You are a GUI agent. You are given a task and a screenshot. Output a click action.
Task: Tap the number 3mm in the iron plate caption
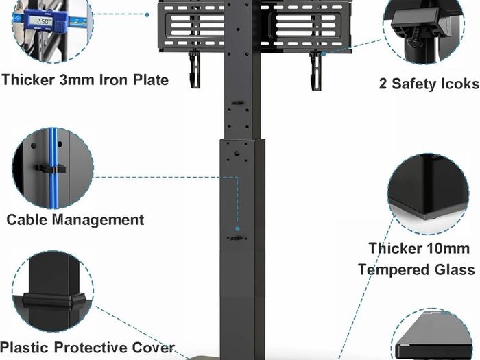pyautogui.click(x=77, y=80)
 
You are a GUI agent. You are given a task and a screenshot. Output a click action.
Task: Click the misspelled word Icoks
pyautogui.click(x=457, y=84)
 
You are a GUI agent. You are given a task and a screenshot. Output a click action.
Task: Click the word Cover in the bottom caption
pyautogui.click(x=153, y=348)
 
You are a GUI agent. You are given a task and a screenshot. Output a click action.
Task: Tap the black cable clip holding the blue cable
pyautogui.click(x=51, y=169)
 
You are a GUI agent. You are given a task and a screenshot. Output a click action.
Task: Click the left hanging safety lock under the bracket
pyautogui.click(x=194, y=69)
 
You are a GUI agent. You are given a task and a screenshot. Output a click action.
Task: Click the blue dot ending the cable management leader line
pyautogui.click(x=237, y=228)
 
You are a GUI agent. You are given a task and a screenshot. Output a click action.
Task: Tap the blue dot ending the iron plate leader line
pyautogui.click(x=147, y=14)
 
